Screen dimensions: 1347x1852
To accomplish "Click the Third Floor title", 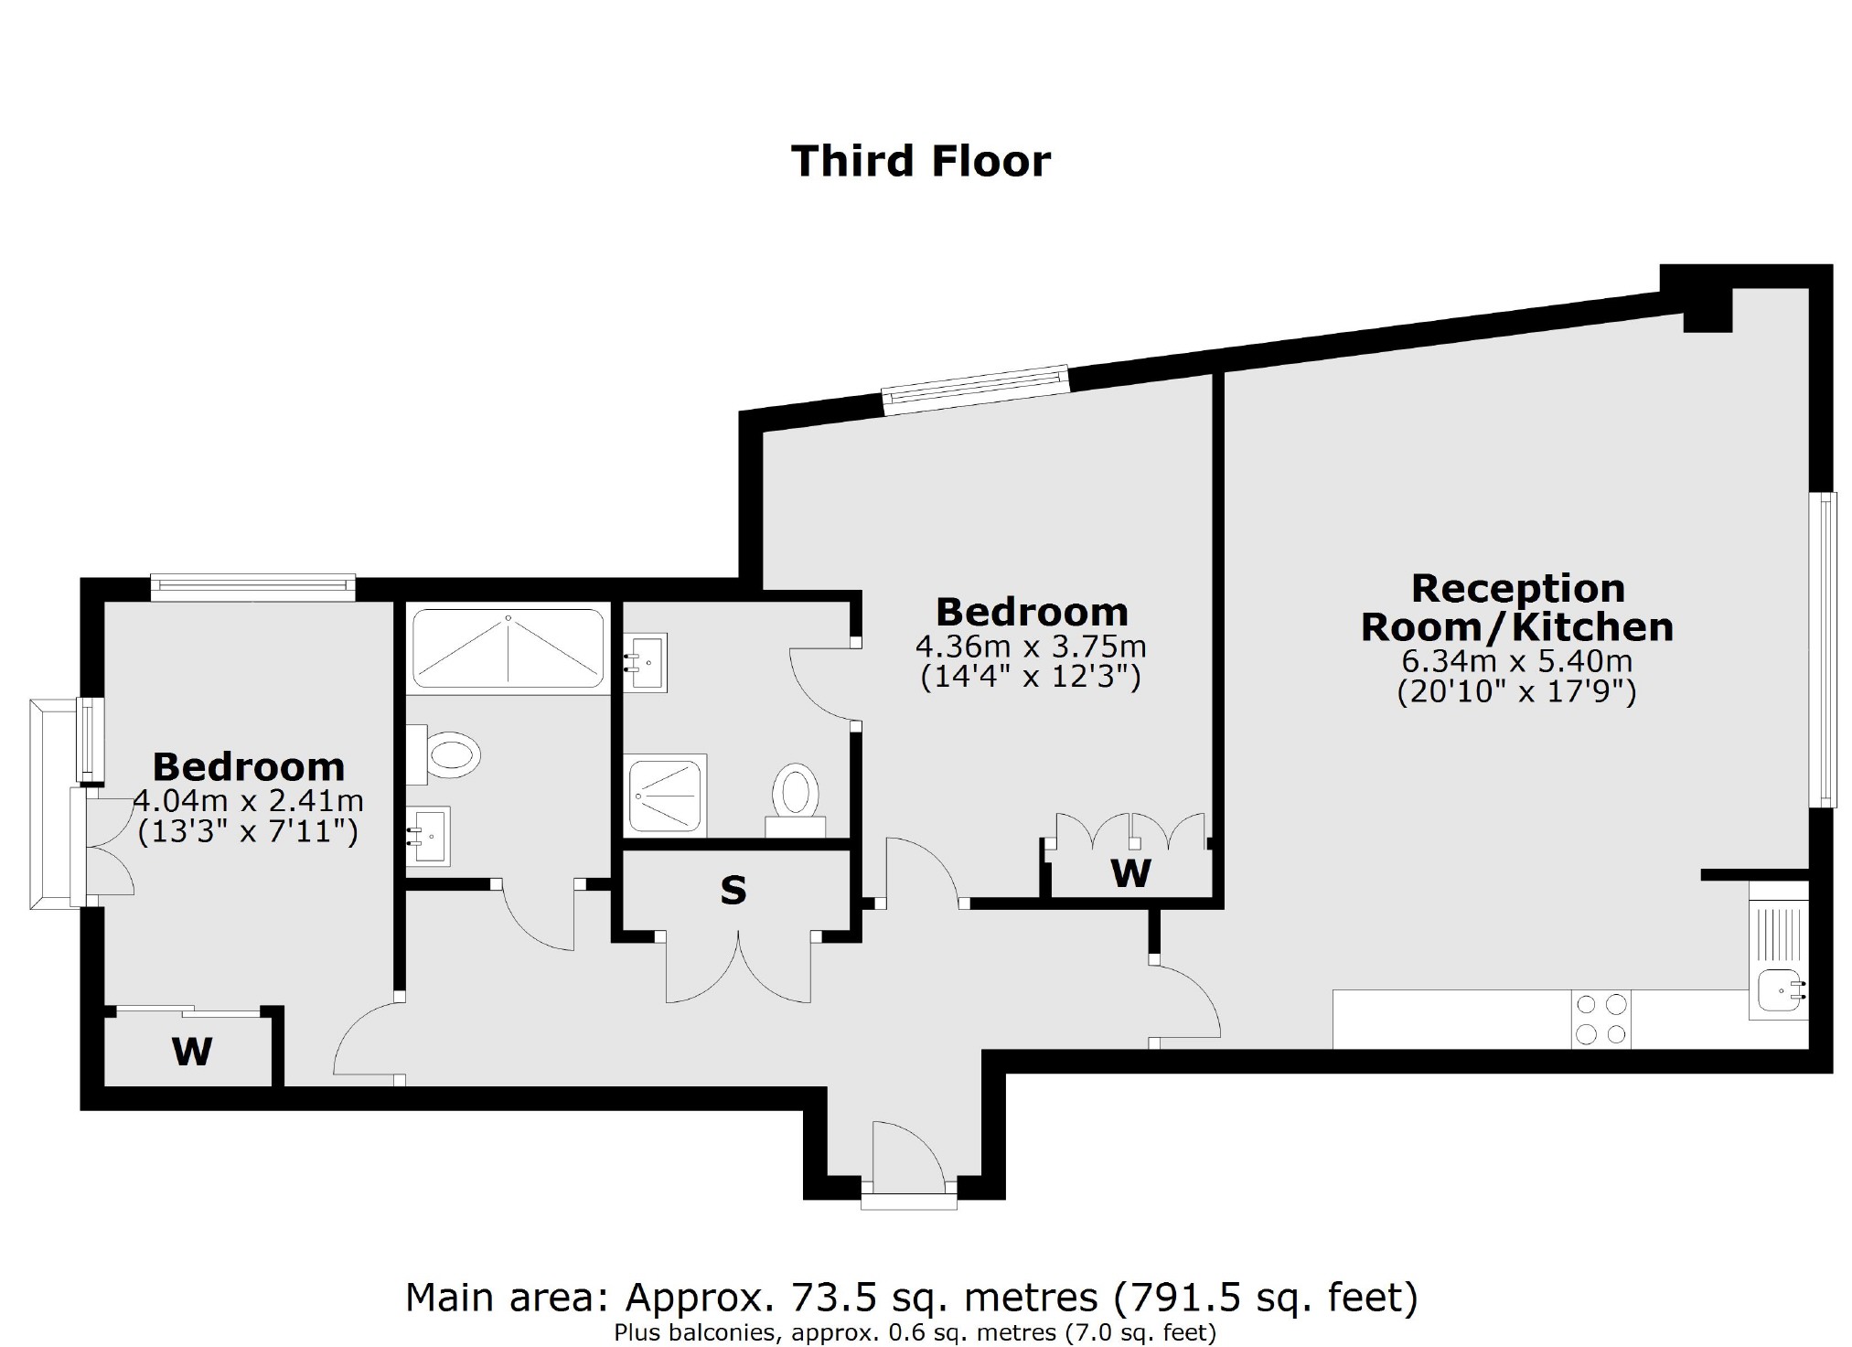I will (x=920, y=162).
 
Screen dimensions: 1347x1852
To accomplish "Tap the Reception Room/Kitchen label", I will (x=1517, y=608).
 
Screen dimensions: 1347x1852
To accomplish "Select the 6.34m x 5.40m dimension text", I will (x=1517, y=660).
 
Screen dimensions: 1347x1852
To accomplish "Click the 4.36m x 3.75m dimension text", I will (x=1031, y=647).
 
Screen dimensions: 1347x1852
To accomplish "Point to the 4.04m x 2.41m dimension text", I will (x=248, y=801).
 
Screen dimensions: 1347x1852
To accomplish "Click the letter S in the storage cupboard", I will (x=733, y=891).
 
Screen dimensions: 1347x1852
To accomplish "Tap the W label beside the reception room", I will (x=1130, y=874).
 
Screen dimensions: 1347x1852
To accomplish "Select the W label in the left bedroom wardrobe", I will (x=192, y=1052).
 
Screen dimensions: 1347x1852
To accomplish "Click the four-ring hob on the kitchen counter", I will (x=1600, y=1020).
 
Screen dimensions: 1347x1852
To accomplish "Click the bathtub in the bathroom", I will (x=508, y=648).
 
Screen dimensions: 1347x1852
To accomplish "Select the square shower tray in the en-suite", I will (x=665, y=794).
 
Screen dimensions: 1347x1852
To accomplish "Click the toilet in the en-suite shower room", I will (x=795, y=794).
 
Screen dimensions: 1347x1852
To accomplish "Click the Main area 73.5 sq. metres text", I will (x=910, y=1297).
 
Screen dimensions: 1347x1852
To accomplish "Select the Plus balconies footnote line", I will (x=915, y=1333).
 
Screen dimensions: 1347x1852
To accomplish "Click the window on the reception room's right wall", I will (x=1825, y=649).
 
